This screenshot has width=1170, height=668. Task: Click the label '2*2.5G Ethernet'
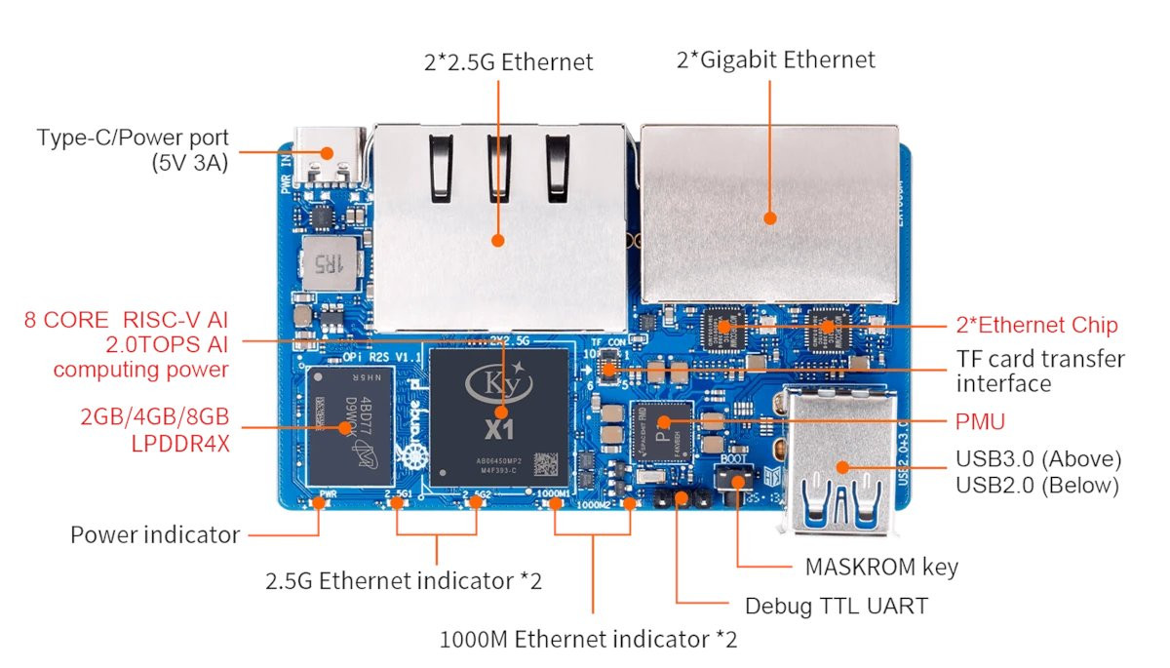[508, 61]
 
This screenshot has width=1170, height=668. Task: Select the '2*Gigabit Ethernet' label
[776, 59]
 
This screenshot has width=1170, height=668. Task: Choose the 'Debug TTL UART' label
[836, 606]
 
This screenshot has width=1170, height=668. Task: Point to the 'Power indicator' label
[155, 534]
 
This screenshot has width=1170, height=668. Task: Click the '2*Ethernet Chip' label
[1035, 326]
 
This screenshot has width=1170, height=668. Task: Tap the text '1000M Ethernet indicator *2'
[588, 641]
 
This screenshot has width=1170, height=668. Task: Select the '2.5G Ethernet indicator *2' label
[404, 582]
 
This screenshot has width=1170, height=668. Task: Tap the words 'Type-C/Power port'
[133, 138]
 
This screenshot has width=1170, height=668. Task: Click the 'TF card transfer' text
[1040, 359]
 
